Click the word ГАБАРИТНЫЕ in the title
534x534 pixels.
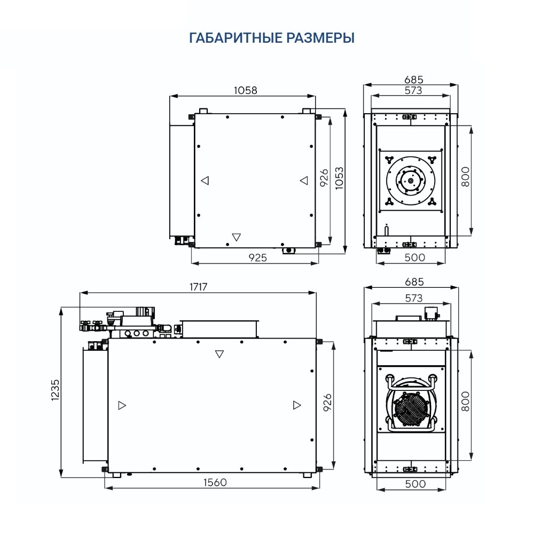[233, 38]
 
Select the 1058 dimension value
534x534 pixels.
[245, 90]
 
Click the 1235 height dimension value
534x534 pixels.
[56, 390]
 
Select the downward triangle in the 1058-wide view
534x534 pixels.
[237, 237]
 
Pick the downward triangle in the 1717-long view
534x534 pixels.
[219, 354]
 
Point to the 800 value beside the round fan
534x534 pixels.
[465, 176]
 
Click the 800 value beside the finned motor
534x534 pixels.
[465, 402]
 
